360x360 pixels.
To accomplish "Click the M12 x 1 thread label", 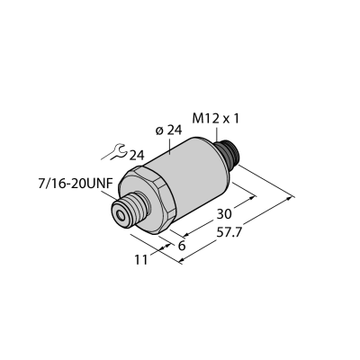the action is [216, 120].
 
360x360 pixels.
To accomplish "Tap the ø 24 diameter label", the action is [169, 130].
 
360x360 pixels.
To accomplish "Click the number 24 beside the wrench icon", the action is [137, 156].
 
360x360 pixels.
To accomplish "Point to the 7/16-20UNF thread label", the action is [75, 184].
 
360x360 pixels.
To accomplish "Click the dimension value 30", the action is [224, 214].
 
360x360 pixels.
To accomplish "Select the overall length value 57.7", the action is [229, 233].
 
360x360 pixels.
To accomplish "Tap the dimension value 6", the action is [182, 246].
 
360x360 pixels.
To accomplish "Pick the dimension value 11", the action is [141, 260].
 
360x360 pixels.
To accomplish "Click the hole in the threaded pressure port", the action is [121, 215].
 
